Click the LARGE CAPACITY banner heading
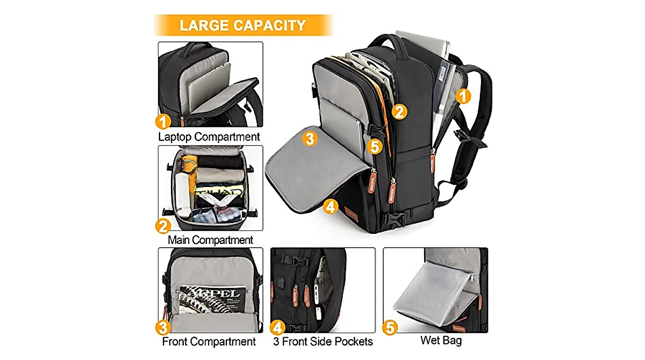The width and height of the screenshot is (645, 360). pos(242,25)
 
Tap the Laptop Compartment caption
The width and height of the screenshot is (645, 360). pos(209,136)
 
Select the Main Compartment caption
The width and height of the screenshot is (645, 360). pos(210,240)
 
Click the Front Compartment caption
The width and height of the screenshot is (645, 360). pos(209,341)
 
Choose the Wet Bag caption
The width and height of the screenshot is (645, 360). pos(441,340)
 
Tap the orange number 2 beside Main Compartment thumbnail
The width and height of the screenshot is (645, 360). pos(163,226)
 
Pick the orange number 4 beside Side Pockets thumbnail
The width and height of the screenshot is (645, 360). pos(277,327)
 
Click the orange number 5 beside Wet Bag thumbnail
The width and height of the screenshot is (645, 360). pos(390,327)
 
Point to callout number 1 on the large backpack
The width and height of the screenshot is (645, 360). pos(463,96)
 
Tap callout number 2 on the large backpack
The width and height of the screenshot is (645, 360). pos(399,111)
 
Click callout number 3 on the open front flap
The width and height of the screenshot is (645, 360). pos(309,138)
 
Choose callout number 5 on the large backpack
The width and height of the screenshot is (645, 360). pos(375,145)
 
